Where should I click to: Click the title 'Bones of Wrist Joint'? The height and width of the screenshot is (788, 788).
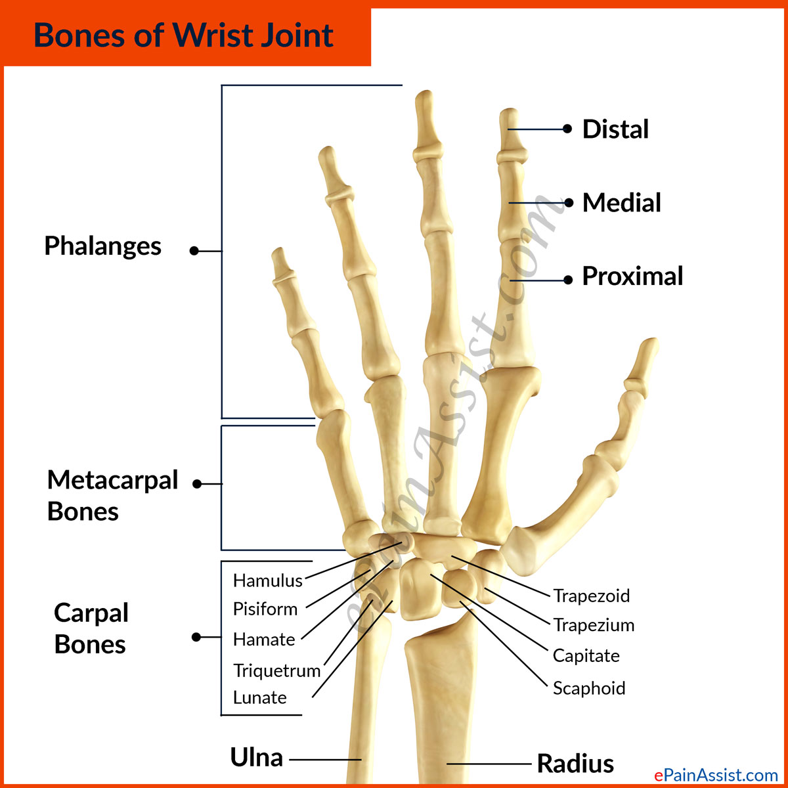[183, 35]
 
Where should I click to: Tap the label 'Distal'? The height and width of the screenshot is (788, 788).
[615, 129]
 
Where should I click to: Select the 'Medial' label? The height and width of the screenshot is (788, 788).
[621, 203]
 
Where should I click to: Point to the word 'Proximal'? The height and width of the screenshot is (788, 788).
[632, 276]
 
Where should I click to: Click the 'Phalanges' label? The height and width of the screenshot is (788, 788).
[102, 246]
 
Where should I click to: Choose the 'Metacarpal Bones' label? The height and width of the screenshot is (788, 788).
[112, 496]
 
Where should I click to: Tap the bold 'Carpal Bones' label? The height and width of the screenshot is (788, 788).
[91, 628]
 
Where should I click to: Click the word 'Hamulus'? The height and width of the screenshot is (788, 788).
[268, 580]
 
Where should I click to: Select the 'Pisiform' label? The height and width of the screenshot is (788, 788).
[265, 609]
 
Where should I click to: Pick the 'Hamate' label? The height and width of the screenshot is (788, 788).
[264, 640]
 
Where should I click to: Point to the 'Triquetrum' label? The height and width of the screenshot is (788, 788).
[277, 670]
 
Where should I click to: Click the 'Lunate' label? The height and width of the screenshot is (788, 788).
[260, 697]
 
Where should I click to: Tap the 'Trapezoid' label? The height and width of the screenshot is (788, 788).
[591, 596]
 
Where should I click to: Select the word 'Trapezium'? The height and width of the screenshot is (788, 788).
[594, 625]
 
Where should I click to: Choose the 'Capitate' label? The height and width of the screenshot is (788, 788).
[586, 655]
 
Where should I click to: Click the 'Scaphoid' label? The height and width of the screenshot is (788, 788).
[589, 688]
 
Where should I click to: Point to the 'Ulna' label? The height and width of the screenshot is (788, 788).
[257, 758]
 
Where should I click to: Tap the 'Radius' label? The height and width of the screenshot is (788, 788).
[575, 764]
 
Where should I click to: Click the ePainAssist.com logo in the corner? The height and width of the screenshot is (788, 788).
[716, 776]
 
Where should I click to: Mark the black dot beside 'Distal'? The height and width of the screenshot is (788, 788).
[567, 129]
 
